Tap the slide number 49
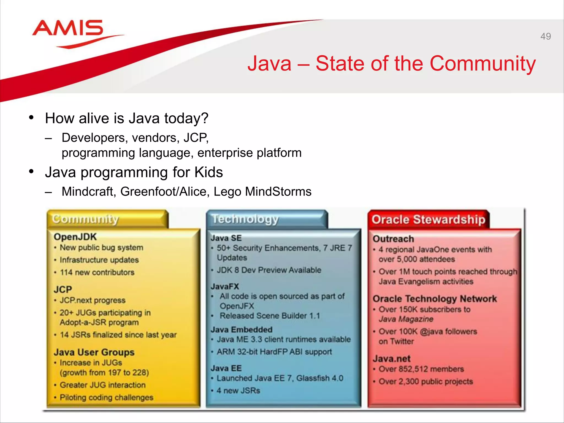tap(545, 36)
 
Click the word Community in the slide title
tap(482, 64)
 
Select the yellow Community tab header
tap(107, 219)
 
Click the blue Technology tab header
tap(267, 219)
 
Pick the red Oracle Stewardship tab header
tap(428, 220)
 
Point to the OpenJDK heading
tap(75, 237)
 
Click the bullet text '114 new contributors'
tap(97, 272)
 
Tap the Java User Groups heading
tap(94, 352)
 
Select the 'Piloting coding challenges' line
tap(106, 397)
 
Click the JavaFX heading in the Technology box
tap(225, 286)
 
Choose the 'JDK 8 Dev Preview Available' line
tap(269, 270)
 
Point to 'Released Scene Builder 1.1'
tap(270, 316)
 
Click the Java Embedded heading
tap(242, 330)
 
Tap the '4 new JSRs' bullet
tap(238, 391)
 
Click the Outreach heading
tap(393, 239)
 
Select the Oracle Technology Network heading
tap(435, 299)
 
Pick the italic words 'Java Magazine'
tap(406, 319)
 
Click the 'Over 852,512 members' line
tap(421, 369)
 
